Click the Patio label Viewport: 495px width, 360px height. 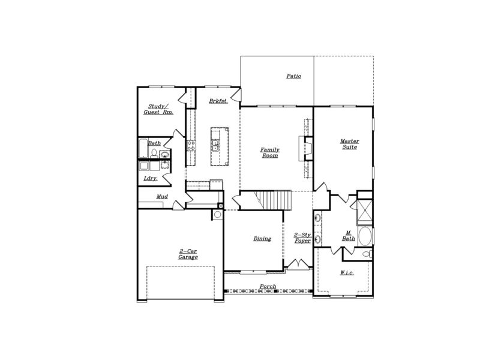(293, 76)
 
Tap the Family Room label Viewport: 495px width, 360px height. (269, 152)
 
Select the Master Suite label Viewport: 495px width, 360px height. (349, 144)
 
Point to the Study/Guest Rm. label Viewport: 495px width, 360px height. (158, 109)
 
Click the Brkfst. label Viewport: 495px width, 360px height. (218, 101)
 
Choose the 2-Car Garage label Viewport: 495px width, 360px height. (188, 254)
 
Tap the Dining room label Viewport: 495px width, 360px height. (262, 238)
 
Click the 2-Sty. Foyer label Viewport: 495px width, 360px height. (302, 238)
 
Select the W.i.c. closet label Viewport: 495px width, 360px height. (346, 273)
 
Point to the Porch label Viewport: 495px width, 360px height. (268, 286)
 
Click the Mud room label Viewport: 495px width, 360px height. (162, 196)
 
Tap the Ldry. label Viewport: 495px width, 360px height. (150, 178)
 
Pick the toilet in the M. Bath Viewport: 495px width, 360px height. (367, 256)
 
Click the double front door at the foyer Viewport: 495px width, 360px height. (297, 264)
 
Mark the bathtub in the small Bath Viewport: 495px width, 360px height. (142, 149)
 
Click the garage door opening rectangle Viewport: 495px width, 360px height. (181, 284)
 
